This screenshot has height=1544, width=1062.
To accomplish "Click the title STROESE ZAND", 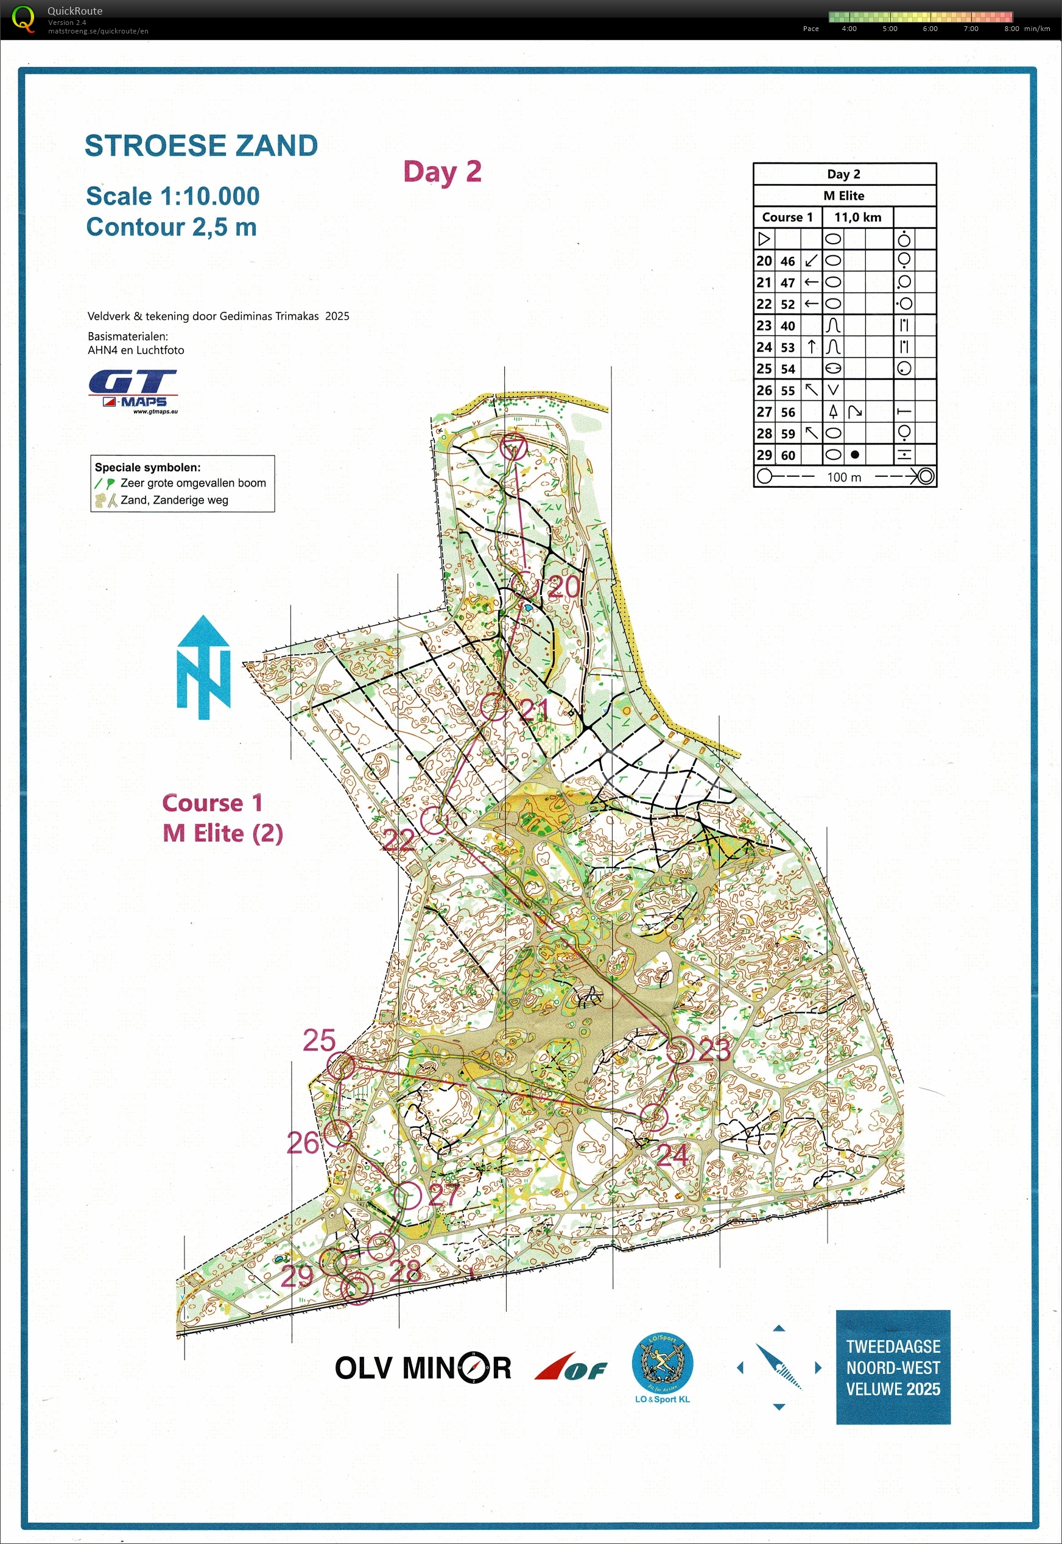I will (201, 146).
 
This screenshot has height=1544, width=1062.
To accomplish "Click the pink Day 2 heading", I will (442, 172).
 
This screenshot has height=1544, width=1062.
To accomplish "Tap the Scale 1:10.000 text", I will (172, 196).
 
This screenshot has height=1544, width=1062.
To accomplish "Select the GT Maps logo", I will (133, 391).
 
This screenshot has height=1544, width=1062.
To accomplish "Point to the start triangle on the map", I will (514, 446).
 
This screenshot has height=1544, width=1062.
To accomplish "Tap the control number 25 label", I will (320, 1041).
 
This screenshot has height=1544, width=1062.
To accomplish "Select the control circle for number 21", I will (494, 706).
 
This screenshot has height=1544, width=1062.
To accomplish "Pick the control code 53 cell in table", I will (787, 347).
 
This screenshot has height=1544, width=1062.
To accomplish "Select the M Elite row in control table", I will (844, 196).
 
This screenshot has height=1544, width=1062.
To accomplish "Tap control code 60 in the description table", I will (787, 455).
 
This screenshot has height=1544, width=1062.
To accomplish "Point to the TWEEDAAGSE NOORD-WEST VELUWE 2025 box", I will (892, 1367).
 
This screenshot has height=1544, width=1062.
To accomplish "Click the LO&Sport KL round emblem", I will (661, 1364).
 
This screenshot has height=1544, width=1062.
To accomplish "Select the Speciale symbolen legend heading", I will (147, 467).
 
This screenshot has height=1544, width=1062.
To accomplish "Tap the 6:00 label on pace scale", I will (930, 29).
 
